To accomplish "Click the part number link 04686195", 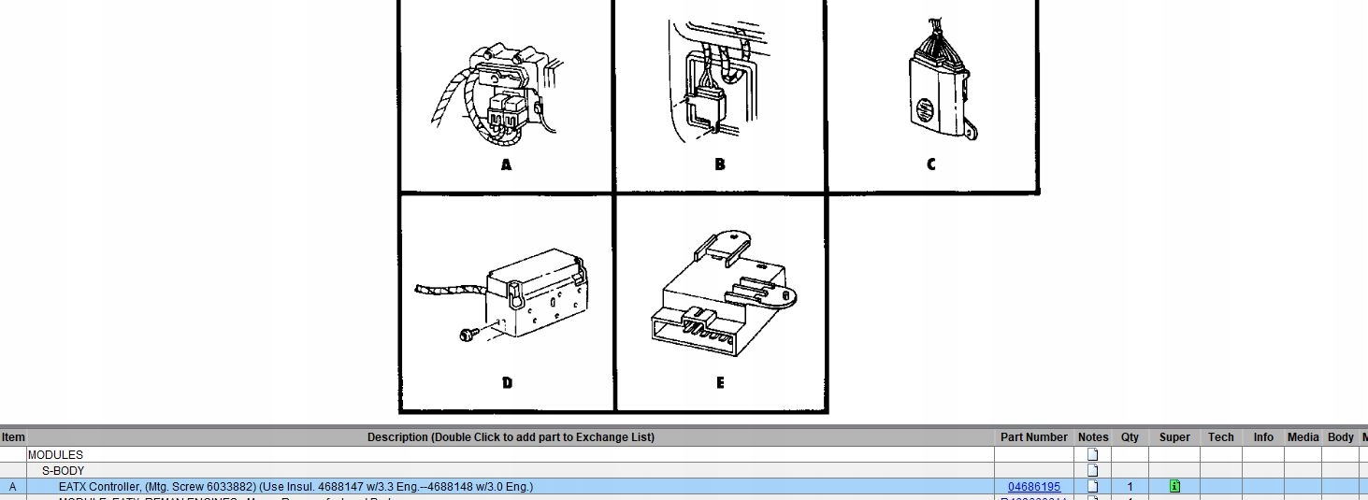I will click(x=1033, y=487).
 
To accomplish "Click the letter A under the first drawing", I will click(x=506, y=165).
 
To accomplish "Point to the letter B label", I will click(x=719, y=165).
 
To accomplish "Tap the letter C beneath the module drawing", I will click(x=930, y=165).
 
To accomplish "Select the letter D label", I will click(x=506, y=383).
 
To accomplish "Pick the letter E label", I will click(x=719, y=383).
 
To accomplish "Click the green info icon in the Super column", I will click(x=1174, y=487).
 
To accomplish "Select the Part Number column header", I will click(x=1033, y=437).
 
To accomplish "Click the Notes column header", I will click(x=1092, y=437).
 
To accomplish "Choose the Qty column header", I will click(x=1130, y=437).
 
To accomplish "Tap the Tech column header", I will click(x=1220, y=437).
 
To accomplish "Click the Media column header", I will click(x=1303, y=437).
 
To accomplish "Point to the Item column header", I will click(x=13, y=437).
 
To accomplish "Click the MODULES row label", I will click(x=55, y=455).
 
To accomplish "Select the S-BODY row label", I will click(x=63, y=471).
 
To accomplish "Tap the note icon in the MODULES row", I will click(x=1092, y=455).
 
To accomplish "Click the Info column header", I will click(x=1263, y=437).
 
